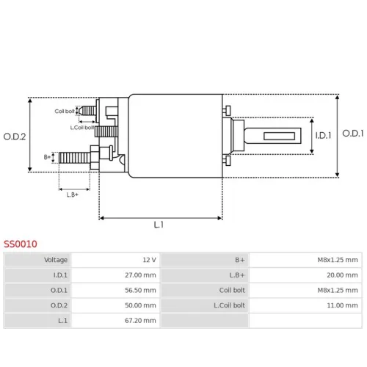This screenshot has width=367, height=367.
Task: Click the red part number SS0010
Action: pos(21,244)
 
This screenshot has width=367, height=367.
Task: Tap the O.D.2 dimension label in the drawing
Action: pos(15,137)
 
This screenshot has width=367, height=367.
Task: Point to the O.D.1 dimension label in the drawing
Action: pos(353,134)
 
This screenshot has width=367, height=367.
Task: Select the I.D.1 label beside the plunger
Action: pos(323,135)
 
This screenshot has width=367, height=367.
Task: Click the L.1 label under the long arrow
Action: pos(159,225)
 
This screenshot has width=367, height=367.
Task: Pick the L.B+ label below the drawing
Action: pos(73,195)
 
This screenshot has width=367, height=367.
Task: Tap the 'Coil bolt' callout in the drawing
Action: pos(65,112)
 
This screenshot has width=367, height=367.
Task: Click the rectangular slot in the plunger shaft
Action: pos(279,136)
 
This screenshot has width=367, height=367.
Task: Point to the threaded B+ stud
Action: pos(75,158)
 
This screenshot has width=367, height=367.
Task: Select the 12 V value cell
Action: pos(149,260)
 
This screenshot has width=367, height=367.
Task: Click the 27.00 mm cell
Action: pos(140,275)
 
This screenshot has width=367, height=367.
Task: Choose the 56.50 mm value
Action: pos(140,290)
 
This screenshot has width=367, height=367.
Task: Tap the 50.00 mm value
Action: pos(140,305)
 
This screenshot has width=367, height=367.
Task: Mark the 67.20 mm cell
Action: pos(140,321)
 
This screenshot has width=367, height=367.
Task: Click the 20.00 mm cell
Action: pos(342,275)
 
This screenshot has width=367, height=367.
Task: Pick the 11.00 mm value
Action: pos(342,305)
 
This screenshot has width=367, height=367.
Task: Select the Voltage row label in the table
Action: pos(56,260)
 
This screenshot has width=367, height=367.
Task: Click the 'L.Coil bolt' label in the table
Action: pos(229,305)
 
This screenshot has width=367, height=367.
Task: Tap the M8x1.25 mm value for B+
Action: pos(338,260)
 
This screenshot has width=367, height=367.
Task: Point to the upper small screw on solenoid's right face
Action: pos(227,110)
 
